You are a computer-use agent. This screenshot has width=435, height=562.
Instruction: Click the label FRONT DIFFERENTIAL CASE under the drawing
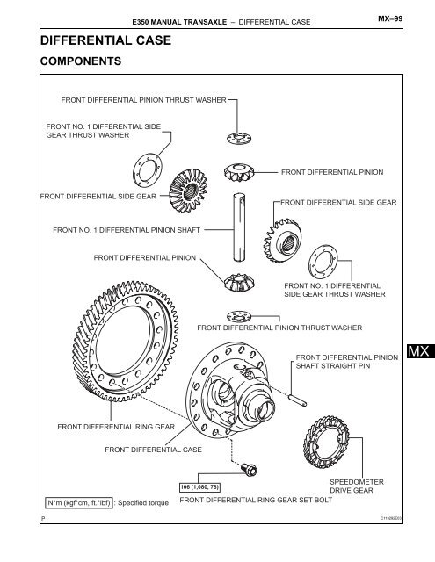click(153, 449)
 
